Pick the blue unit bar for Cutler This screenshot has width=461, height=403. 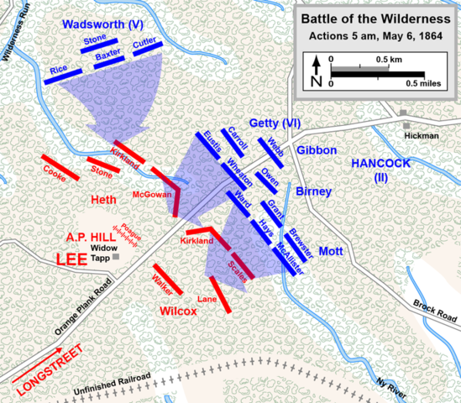coord(147,49)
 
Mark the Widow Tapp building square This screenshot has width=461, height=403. coord(116,256)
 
